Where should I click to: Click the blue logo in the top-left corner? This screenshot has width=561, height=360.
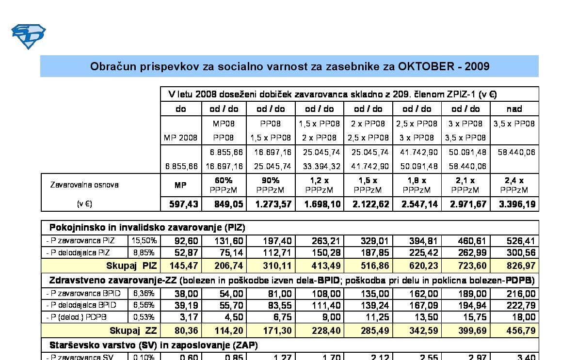click(28, 36)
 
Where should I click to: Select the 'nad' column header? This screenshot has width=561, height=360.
click(514, 109)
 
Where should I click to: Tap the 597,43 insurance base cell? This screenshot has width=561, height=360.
click(180, 204)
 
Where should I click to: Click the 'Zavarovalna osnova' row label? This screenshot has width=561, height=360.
click(84, 185)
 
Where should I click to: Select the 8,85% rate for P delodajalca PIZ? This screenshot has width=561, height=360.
click(144, 252)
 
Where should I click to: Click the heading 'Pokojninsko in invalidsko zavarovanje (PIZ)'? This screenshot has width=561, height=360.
click(147, 227)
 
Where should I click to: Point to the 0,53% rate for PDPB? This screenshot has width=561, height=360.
click(144, 317)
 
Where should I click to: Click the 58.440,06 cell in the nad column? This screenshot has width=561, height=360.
click(517, 152)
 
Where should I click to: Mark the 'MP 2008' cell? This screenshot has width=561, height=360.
click(180, 138)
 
